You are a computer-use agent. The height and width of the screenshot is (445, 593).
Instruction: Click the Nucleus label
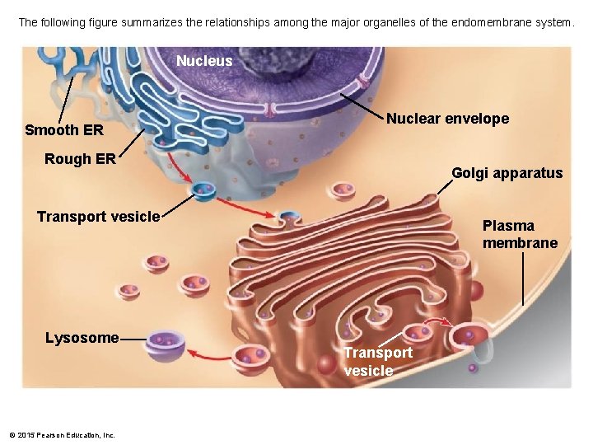(x=204, y=61)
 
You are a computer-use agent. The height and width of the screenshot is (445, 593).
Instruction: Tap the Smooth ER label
(x=64, y=130)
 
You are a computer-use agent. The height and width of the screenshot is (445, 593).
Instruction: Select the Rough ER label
(x=80, y=159)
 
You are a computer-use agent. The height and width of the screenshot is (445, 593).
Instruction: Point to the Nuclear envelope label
(x=447, y=119)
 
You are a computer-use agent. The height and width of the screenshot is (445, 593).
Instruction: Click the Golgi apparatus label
(x=507, y=173)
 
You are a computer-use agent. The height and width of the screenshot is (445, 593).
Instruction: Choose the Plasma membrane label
(x=520, y=234)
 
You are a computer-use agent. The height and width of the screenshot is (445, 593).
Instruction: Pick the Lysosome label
(x=82, y=338)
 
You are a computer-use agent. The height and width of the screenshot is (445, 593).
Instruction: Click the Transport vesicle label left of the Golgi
(x=98, y=217)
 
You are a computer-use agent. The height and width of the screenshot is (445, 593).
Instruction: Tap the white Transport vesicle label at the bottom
(x=378, y=361)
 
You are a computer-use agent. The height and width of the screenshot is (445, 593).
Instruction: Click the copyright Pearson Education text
(x=63, y=434)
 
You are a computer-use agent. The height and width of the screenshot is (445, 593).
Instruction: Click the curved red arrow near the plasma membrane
(x=439, y=322)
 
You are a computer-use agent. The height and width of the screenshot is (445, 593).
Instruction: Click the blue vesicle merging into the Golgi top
(x=288, y=218)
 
